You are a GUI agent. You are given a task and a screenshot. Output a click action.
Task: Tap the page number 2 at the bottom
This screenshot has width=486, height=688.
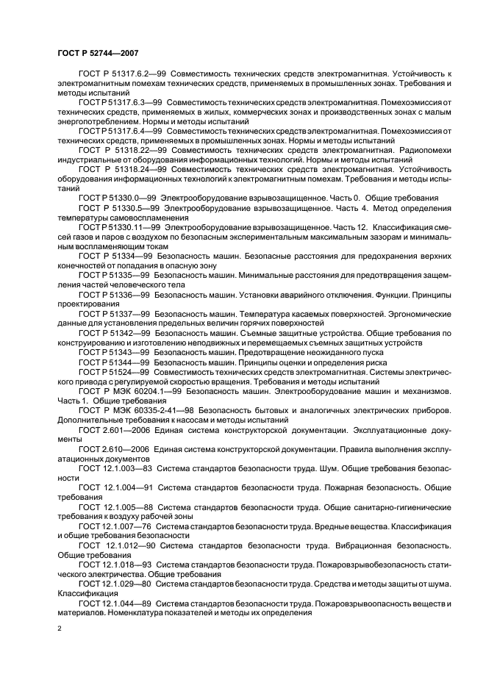60,629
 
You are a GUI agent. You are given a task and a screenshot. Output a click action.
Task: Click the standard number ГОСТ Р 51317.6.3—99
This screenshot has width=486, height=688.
119,102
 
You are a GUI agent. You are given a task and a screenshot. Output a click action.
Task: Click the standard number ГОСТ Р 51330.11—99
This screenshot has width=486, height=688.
117,228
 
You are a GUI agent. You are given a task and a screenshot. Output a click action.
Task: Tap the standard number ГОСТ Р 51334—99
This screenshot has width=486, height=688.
114,255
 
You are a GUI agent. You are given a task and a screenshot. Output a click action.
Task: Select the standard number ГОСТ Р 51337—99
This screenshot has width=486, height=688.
114,313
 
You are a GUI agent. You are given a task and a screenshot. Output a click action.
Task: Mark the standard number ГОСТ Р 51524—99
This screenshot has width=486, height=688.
114,371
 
